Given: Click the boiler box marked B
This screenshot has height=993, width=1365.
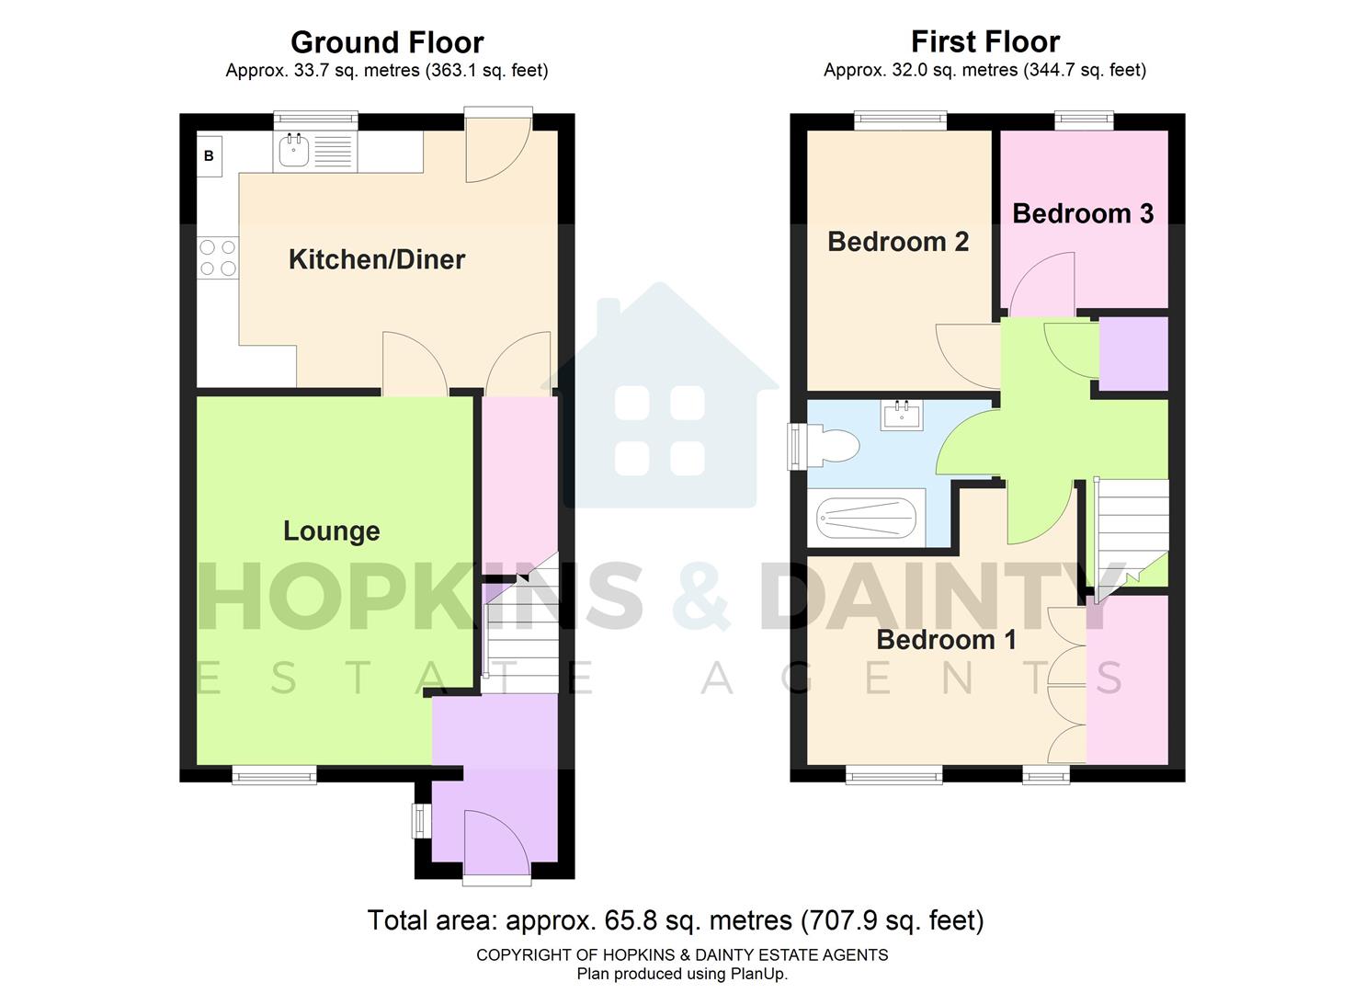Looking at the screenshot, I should [x=209, y=156].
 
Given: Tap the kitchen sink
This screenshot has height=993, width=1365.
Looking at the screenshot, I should [x=294, y=152].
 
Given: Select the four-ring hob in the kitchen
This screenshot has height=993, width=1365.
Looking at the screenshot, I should [x=218, y=257].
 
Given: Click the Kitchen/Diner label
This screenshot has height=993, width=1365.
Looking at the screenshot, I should [x=377, y=259].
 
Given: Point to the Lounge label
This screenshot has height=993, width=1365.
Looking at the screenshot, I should [x=331, y=531].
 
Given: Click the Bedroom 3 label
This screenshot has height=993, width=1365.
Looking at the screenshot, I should [x=1082, y=213].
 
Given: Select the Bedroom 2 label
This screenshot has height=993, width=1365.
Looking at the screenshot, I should [x=898, y=241].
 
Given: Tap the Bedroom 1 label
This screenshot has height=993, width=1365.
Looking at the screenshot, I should [x=946, y=639].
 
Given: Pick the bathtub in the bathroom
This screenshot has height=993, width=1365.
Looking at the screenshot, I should [x=866, y=519].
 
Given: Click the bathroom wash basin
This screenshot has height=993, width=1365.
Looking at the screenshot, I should [x=901, y=416].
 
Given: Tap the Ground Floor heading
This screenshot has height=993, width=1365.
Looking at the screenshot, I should [x=387, y=42].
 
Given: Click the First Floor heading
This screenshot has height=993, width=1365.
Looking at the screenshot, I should [x=984, y=41].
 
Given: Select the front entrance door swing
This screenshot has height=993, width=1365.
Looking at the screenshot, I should [x=496, y=841].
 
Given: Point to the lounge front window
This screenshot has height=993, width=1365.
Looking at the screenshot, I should [x=274, y=777].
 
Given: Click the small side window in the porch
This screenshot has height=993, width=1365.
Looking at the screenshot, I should [x=421, y=821].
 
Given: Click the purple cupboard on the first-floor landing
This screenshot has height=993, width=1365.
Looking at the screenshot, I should [x=1133, y=354].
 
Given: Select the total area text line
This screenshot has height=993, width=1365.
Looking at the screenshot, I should [x=676, y=920].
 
